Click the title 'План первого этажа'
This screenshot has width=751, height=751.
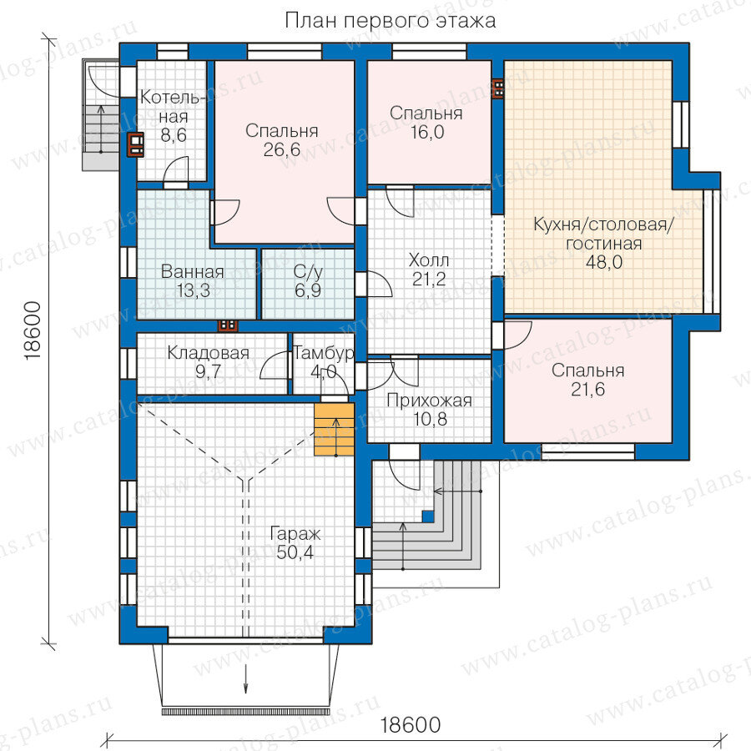coord(391,21)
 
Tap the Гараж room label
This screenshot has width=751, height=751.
coord(295,533)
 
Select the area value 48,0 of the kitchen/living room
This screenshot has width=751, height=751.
coord(604,262)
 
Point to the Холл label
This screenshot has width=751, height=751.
coord(429,260)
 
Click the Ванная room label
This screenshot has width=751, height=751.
coord(193,271)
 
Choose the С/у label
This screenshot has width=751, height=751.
coord(308,271)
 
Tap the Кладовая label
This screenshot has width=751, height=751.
coord(209,353)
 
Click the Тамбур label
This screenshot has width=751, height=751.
coord(324,354)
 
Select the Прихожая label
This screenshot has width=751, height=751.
coord(429,401)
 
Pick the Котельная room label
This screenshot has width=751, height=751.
coord(173,107)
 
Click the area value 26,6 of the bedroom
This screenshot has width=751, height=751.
coord(282,150)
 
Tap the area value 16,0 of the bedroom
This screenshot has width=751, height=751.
coord(427,132)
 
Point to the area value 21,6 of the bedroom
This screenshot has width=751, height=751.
coord(587,390)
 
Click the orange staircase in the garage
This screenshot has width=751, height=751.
coord(335,429)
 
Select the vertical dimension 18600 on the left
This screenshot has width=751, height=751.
coord(32,331)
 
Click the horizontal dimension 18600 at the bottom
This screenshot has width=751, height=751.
coord(411,725)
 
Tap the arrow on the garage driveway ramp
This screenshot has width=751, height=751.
coord(246,678)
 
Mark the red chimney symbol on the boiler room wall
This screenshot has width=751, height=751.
coord(134,144)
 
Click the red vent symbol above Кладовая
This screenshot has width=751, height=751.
coord(228,325)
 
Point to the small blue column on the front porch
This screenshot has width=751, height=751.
coord(428,517)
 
